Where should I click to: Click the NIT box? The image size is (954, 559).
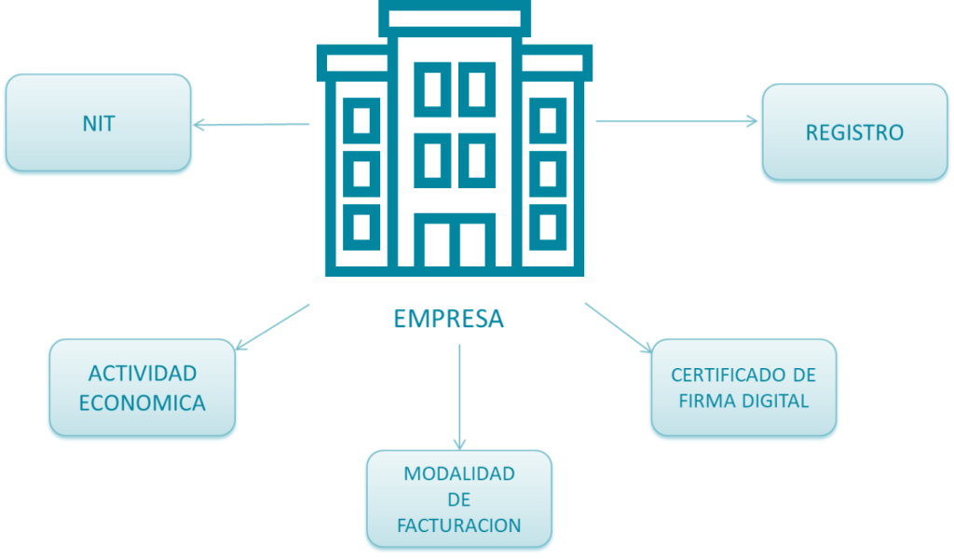click(98, 123)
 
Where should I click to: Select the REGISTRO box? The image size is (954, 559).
click(854, 132)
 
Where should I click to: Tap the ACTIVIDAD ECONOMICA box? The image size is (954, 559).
click(142, 388)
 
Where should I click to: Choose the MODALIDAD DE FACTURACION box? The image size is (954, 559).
click(458, 499)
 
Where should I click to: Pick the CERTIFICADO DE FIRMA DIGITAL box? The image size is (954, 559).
click(743, 388)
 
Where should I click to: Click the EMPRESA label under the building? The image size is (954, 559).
click(448, 319)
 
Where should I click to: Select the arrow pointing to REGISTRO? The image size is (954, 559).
click(676, 120)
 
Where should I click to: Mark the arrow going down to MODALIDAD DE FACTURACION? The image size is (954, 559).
click(458, 396)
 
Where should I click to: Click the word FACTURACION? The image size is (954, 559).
click(458, 525)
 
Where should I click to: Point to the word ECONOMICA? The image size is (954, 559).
click(142, 403)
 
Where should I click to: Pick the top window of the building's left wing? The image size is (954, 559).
click(361, 120)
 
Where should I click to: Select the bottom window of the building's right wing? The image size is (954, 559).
click(548, 225)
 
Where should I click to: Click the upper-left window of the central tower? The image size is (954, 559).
click(432, 89)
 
